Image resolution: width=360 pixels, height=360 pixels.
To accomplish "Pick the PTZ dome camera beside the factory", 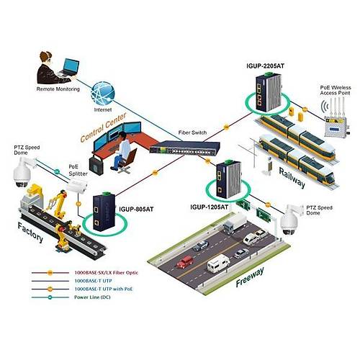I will coord(21,173).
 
